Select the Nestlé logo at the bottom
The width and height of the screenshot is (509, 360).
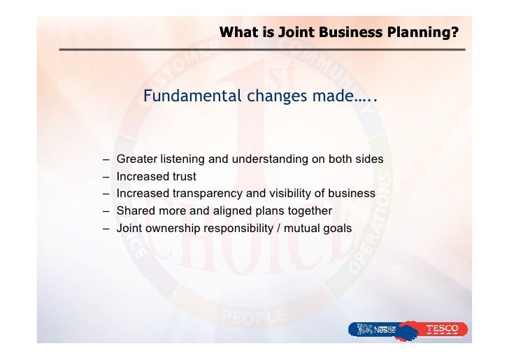(380, 328)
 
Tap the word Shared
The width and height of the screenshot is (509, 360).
(135, 211)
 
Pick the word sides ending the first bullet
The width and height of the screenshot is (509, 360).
(368, 159)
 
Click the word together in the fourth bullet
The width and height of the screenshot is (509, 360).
(308, 211)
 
